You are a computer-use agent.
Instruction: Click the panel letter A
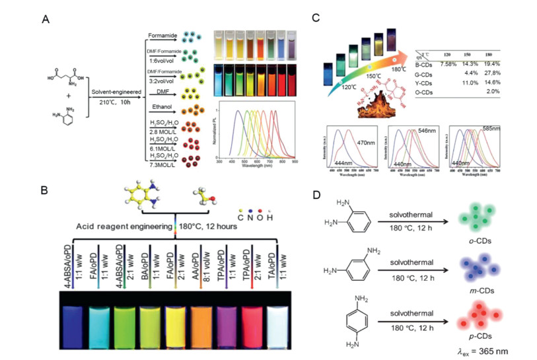coord(46,19)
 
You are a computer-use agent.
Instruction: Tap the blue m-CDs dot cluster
coord(475,268)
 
